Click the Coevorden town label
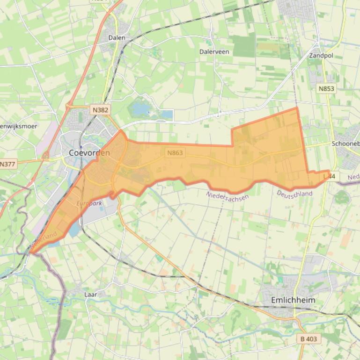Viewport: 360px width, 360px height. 89,152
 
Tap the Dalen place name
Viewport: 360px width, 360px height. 117,37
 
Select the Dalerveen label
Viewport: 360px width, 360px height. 214,51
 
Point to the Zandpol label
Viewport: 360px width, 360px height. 321,55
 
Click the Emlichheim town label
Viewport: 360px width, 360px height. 293,300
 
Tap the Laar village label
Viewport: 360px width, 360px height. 90,295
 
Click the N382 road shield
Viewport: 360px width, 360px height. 100,109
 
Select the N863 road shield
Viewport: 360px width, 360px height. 175,152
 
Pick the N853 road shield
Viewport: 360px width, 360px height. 326,88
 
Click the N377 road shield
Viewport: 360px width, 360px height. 7,164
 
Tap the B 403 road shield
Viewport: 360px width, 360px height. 309,338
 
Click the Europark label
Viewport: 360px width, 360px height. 88,203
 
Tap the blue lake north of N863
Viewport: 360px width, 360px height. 140,110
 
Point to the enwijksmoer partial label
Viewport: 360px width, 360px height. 18,126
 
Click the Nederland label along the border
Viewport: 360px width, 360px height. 44,239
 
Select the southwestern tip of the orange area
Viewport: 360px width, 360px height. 32,252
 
